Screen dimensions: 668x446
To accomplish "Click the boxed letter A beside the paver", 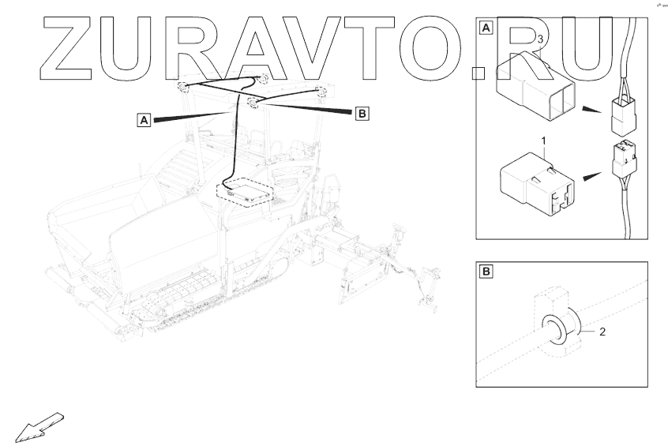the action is (x=144, y=120).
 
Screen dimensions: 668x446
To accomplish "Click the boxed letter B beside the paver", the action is (x=362, y=114).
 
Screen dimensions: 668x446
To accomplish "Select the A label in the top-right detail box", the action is (x=486, y=28).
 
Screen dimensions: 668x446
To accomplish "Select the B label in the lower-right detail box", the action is (x=486, y=272).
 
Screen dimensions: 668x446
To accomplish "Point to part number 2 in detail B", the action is (x=602, y=332).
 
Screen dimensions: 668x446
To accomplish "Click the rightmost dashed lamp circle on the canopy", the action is (x=321, y=91).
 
